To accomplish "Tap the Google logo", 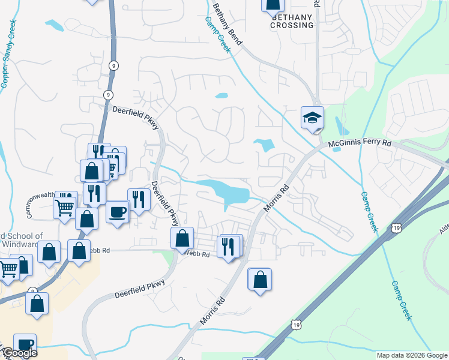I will (19, 353).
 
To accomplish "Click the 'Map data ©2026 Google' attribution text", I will (411, 355).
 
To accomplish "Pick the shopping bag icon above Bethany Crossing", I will (273, 5).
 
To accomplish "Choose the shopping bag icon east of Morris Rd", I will (259, 279).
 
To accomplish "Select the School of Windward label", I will (22, 240).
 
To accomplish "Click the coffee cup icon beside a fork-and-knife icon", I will (118, 211).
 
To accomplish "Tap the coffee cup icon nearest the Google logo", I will (25, 344).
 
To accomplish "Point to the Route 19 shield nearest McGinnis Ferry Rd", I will (395, 227).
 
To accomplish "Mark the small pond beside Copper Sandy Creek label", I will (54, 25).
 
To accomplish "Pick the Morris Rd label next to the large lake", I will (276, 197).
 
